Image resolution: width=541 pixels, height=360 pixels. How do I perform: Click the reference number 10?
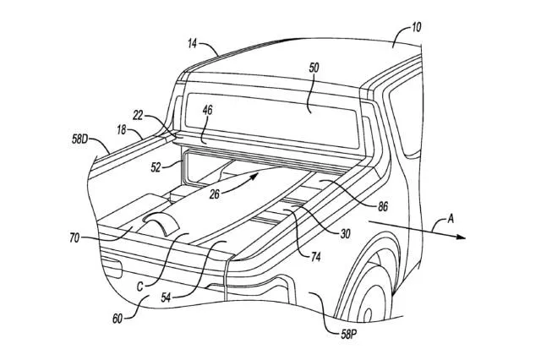pos(417,27)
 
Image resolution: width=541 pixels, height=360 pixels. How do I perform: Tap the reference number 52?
pos(157,167)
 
